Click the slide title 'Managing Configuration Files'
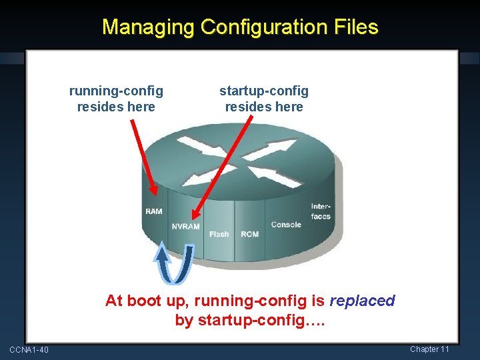pyautogui.click(x=240, y=27)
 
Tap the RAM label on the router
pyautogui.click(x=154, y=211)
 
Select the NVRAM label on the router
pyautogui.click(x=185, y=227)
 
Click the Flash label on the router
pyautogui.click(x=219, y=234)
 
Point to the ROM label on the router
pyautogui.click(x=250, y=234)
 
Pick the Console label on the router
pyautogui.click(x=286, y=225)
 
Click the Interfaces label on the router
pyautogui.click(x=321, y=211)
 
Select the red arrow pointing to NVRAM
pyautogui.click(x=221, y=167)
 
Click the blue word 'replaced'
pyautogui.click(x=363, y=301)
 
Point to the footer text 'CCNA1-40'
pyautogui.click(x=29, y=350)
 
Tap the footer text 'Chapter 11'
pyautogui.click(x=429, y=349)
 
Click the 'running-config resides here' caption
pyautogui.click(x=116, y=99)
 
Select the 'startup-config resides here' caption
pyautogui.click(x=264, y=99)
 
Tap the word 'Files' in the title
pyautogui.click(x=356, y=27)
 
